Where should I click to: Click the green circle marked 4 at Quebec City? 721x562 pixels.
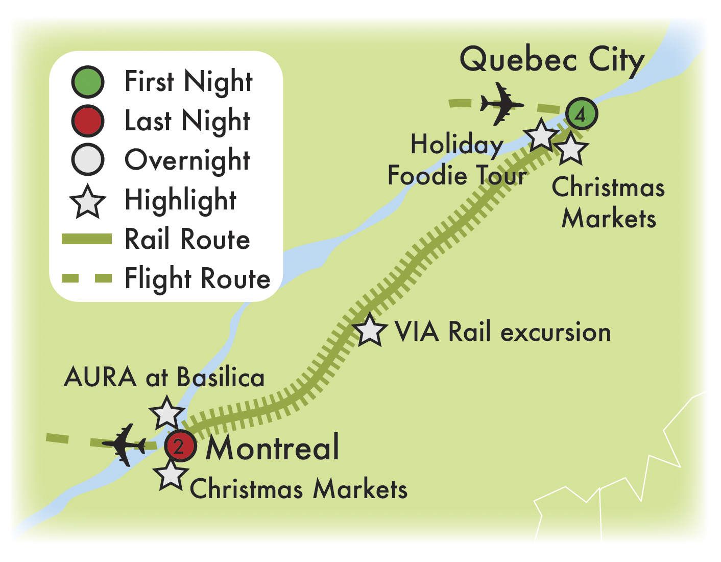(581, 113)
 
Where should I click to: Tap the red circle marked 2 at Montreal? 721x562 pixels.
(180, 447)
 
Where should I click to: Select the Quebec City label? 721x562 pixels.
(552, 60)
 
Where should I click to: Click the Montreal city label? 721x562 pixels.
(272, 447)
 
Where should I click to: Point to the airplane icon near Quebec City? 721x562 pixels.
(501, 104)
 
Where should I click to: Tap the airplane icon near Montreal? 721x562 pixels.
(124, 444)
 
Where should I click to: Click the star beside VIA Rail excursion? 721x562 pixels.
(369, 330)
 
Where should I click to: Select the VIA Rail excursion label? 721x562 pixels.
(502, 332)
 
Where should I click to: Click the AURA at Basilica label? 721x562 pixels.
(164, 378)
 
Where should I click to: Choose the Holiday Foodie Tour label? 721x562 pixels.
(457, 159)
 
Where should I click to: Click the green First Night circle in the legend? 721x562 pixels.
(88, 82)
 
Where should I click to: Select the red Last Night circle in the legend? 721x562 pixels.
(88, 121)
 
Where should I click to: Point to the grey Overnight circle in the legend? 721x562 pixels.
(88, 160)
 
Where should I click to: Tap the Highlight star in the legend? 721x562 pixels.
(88, 201)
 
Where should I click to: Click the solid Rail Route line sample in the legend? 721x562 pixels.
(86, 239)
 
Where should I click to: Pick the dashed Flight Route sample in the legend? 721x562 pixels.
(86, 278)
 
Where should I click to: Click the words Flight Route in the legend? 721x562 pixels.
(198, 279)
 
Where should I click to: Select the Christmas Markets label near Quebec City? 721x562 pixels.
(609, 202)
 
